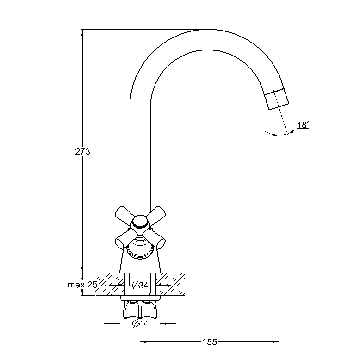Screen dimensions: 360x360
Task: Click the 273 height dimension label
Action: click(83, 151)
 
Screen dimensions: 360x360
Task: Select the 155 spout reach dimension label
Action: click(210, 342)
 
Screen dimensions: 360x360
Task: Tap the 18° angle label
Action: click(303, 125)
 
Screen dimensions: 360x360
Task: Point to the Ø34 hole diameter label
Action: click(140, 285)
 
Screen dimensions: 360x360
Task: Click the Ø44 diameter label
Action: click(140, 324)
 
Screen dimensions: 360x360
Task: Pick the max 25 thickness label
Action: click(83, 285)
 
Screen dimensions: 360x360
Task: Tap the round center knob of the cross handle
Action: click(140, 222)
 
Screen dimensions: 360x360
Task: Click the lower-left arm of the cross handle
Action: click(125, 239)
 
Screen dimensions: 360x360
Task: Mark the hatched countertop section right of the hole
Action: click(171, 284)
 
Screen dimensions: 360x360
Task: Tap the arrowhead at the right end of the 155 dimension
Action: click(276, 342)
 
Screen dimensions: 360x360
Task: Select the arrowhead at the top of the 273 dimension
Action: click(83, 32)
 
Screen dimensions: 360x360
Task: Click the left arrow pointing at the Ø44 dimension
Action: click(117, 324)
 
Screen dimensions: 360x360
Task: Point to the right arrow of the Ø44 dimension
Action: click(163, 324)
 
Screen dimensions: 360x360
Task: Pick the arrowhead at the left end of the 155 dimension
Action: click(143, 342)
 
